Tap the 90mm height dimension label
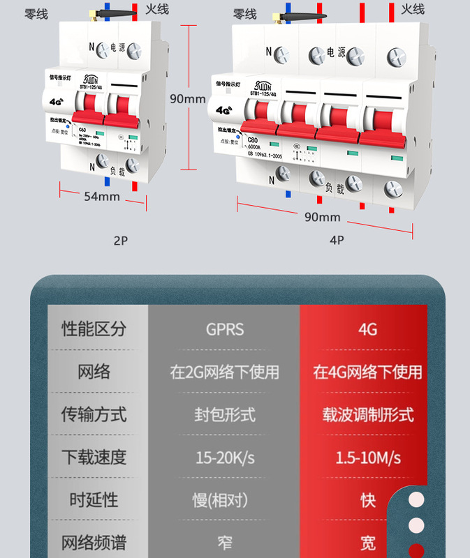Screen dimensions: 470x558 click(188, 98)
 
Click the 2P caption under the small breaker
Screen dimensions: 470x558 click(121, 241)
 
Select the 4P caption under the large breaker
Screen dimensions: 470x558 click(337, 241)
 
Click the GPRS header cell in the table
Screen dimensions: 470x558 click(225, 329)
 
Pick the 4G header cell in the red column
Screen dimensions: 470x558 click(367, 329)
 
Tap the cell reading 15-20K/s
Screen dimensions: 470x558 click(225, 458)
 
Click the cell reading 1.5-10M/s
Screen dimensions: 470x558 click(367, 458)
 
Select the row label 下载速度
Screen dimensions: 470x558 click(94, 458)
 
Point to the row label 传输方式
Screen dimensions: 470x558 click(94, 414)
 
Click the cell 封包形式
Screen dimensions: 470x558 click(225, 414)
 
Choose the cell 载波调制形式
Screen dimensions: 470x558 click(367, 414)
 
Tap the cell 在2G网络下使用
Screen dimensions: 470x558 click(225, 372)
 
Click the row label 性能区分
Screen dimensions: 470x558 click(94, 329)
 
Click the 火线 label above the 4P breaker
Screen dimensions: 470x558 click(413, 9)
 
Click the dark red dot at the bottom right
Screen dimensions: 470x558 click(417, 550)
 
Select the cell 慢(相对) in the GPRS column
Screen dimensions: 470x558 click(225, 500)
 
